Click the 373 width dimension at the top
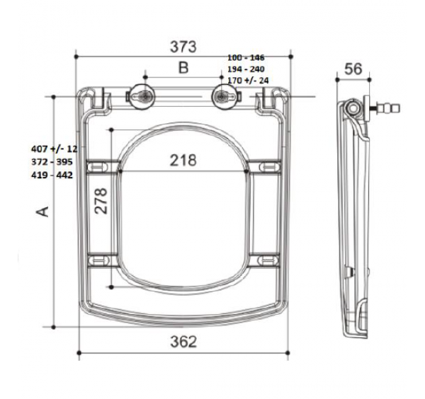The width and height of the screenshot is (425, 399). [183, 46]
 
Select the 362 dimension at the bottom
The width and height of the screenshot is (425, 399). [183, 341]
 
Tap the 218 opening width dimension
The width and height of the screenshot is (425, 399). [183, 160]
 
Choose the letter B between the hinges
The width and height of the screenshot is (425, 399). [183, 68]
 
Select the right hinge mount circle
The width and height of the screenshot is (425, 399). [226, 96]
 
